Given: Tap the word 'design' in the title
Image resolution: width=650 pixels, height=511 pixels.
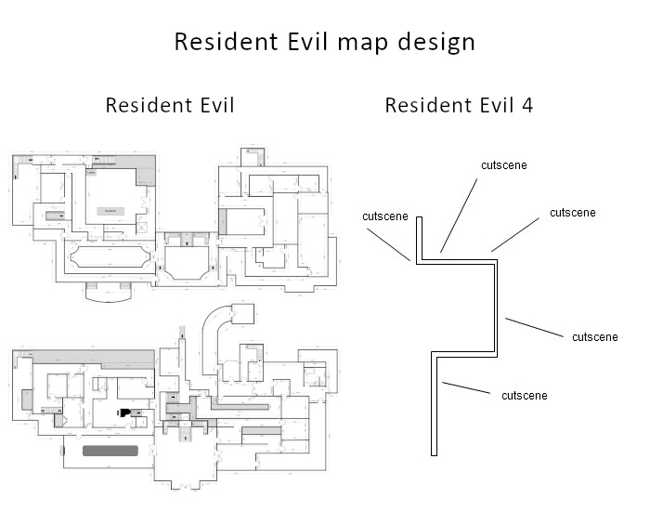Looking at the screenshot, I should click(433, 43).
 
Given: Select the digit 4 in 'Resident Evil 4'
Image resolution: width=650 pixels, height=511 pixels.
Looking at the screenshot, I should click(527, 105).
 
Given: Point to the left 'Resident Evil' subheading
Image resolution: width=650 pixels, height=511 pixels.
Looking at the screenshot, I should click(170, 105).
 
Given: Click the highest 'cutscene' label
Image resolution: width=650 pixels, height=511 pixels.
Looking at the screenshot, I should click(504, 165).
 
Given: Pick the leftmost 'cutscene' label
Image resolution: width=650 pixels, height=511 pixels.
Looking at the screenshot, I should click(385, 216).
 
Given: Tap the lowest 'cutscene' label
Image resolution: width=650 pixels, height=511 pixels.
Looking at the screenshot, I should click(524, 396).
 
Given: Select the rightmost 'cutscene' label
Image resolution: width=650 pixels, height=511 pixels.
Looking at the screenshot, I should click(595, 336).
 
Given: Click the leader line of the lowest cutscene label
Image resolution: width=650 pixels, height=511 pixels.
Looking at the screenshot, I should click(467, 387).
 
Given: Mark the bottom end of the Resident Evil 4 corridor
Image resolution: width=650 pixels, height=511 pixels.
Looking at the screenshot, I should click(434, 452).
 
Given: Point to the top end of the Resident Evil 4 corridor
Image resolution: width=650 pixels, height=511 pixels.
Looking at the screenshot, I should click(420, 219).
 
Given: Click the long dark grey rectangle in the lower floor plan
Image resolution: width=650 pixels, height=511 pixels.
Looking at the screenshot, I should click(110, 451).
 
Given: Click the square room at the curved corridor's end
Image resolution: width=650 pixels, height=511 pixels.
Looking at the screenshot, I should click(243, 314).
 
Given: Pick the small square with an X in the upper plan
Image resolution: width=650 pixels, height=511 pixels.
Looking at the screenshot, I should click(142, 226).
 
